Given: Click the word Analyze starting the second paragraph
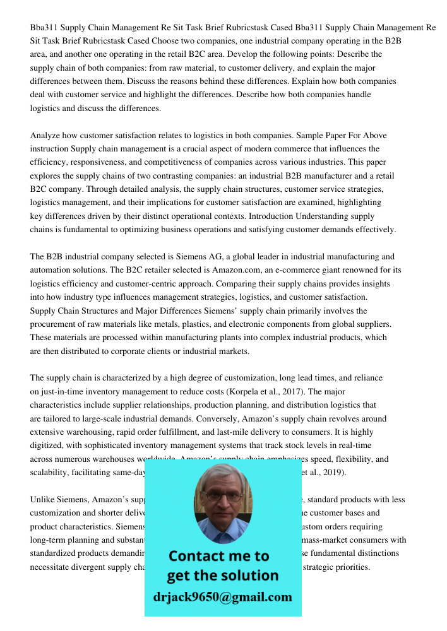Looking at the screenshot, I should click(46, 136).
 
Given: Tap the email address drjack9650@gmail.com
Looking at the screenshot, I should click(223, 597).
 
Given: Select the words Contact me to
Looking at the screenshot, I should click(218, 556).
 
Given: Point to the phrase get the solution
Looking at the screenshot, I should click(222, 575).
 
